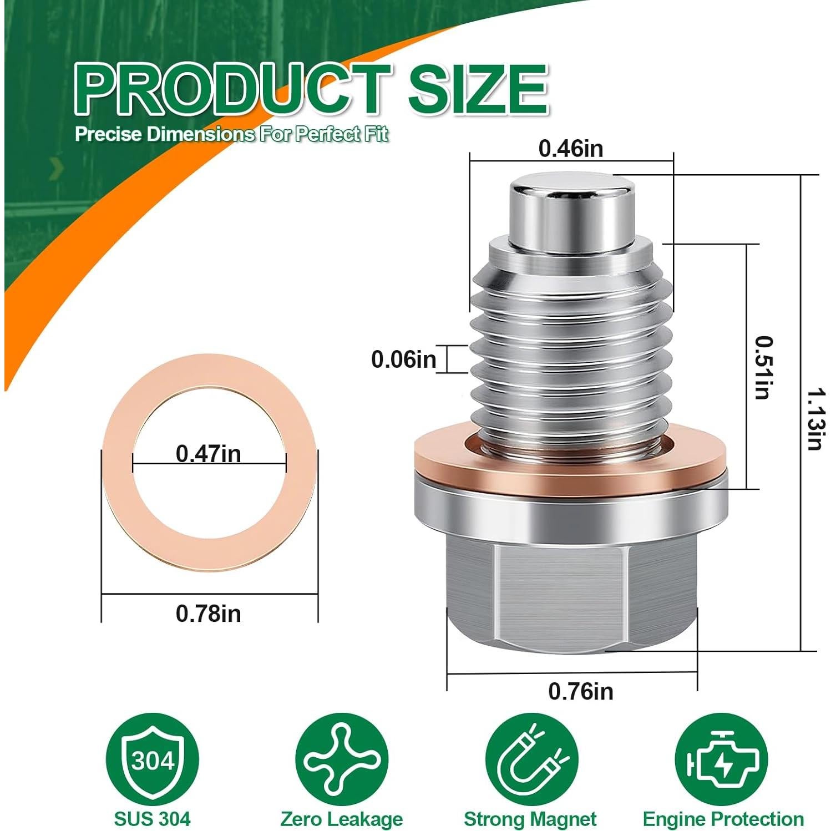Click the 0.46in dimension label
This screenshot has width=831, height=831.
(x=570, y=149)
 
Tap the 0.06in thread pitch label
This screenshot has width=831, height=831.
(x=403, y=359)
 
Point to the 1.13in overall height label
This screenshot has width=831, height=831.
(x=814, y=419)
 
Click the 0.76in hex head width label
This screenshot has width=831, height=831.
(x=580, y=691)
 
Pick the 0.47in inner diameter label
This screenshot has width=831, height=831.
(x=208, y=454)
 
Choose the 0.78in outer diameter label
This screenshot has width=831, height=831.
(x=208, y=614)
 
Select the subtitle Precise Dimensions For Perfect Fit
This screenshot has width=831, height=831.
(x=231, y=135)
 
